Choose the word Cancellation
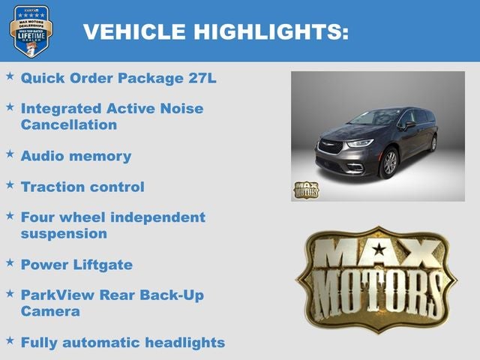(x=69, y=124)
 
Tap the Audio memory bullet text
(x=76, y=156)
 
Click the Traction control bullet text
(x=82, y=187)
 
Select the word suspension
(x=64, y=233)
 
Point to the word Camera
(x=50, y=311)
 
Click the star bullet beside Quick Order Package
(x=10, y=76)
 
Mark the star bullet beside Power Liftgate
(x=10, y=262)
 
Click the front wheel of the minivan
(x=390, y=162)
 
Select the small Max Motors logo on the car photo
(x=305, y=190)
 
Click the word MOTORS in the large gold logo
(x=377, y=295)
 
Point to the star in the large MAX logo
(x=379, y=249)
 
